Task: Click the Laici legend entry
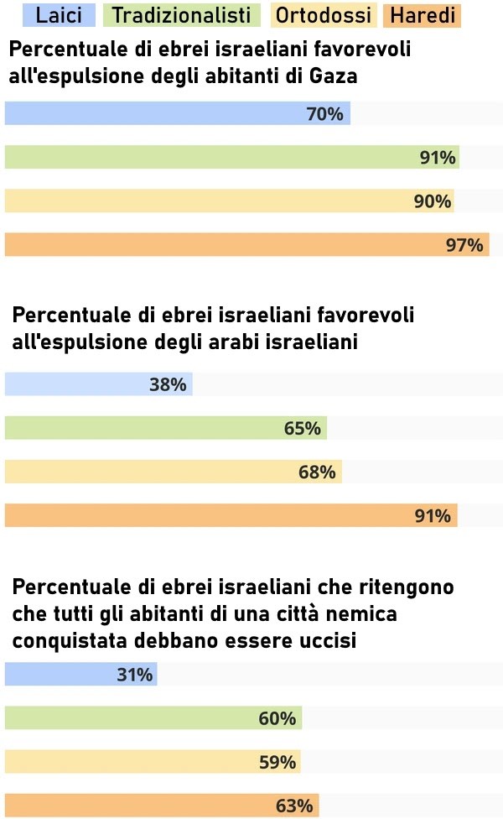pyautogui.click(x=59, y=14)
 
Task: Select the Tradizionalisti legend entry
pyautogui.click(x=181, y=14)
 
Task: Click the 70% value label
pyautogui.click(x=325, y=114)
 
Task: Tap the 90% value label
pyautogui.click(x=433, y=201)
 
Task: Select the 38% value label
pyautogui.click(x=168, y=384)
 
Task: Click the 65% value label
pyautogui.click(x=303, y=428)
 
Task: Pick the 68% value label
pyautogui.click(x=317, y=472)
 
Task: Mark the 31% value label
pyautogui.click(x=134, y=675)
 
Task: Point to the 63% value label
pyautogui.click(x=294, y=806)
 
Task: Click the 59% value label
pyautogui.click(x=277, y=763)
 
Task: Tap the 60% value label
pyautogui.click(x=277, y=719)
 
